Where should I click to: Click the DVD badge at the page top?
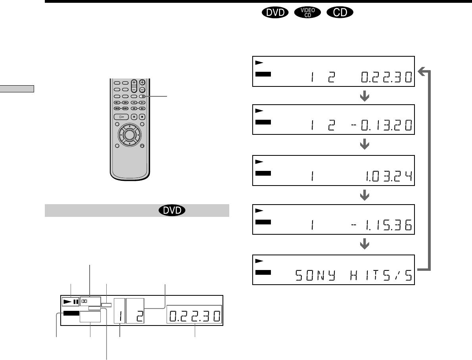(275, 12)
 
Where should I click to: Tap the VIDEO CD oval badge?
(307, 12)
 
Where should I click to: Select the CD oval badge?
(340, 12)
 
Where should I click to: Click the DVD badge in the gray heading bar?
(172, 210)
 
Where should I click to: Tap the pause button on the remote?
(134, 117)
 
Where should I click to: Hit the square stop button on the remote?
(142, 117)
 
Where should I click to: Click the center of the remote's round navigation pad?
(129, 135)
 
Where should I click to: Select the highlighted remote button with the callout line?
(142, 96)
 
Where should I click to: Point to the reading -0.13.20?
(382, 125)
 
